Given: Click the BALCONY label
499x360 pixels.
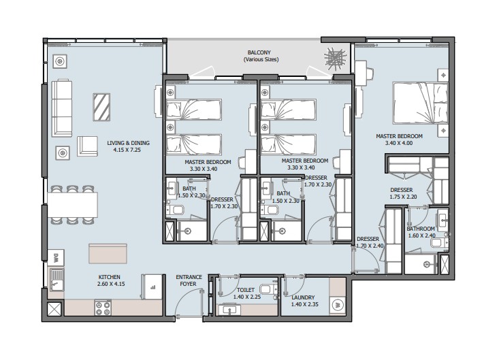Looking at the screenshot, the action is tap(259, 52).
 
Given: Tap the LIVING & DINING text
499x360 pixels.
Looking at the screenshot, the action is tap(128, 143).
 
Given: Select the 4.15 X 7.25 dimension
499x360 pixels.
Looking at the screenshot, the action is tap(127, 150).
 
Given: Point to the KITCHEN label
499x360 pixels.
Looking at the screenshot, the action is tap(109, 277).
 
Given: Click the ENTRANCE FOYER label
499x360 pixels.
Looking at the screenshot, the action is tap(189, 280).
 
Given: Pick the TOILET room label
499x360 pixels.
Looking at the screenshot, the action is tap(245, 290).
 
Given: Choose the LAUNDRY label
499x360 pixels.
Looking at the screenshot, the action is tap(303, 297).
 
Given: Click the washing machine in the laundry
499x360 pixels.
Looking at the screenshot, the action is tap(338, 306).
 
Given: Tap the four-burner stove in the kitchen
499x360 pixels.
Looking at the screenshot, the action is tap(103, 308).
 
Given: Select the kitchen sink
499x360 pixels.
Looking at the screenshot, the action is tap(57, 280).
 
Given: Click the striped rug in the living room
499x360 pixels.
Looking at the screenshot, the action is tap(101, 107).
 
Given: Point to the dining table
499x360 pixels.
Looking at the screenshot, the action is tap(72, 205).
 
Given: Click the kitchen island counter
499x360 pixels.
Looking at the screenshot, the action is tap(108, 254).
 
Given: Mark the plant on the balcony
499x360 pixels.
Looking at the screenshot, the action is tap(335, 59).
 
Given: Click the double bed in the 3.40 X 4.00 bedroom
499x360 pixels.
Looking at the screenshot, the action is tap(421, 103).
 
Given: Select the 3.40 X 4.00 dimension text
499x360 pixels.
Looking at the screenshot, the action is tap(399, 143).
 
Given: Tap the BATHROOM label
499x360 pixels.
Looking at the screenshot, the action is tap(421, 229).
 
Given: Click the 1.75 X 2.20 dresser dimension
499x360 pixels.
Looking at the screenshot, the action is tap(403, 197).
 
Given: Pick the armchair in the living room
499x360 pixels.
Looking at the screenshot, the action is tap(87, 146).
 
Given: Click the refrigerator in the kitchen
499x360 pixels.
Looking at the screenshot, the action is tap(152, 287).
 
